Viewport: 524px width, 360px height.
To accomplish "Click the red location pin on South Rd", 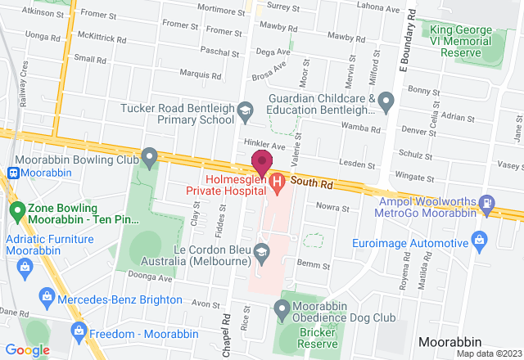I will [x=261, y=161].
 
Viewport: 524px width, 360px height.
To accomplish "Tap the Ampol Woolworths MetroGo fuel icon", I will [x=488, y=201].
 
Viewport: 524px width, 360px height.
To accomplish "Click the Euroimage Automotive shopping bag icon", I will [x=480, y=240].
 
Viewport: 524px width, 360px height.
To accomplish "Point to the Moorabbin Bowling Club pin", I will [x=148, y=155].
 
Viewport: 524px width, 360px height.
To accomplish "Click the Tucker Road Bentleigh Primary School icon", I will [x=245, y=109].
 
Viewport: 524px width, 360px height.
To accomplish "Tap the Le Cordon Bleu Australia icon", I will [x=262, y=250].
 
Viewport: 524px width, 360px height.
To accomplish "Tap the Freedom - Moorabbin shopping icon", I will [x=79, y=330].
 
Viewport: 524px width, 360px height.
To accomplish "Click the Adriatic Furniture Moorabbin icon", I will [x=25, y=265].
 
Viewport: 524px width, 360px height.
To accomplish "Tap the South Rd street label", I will [x=308, y=180].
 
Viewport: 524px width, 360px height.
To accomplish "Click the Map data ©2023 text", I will [x=489, y=353].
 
